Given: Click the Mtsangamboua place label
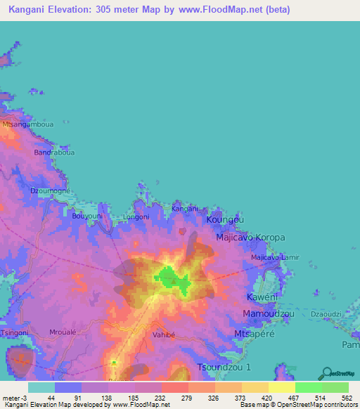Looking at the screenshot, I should click(x=27, y=124).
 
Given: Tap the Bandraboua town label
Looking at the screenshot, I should click(x=53, y=151).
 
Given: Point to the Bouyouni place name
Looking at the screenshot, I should click(x=88, y=216).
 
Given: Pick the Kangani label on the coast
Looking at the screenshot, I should click(x=186, y=209).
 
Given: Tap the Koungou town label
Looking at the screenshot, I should click(x=226, y=220).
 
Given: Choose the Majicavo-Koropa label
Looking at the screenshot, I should click(x=250, y=238).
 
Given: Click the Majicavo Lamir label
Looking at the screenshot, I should click(x=275, y=257).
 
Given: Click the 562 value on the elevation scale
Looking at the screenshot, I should click(x=346, y=397).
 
